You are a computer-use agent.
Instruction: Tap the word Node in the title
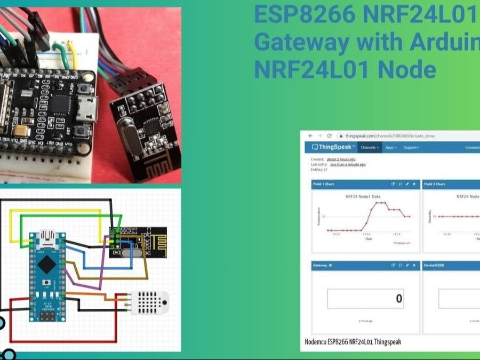tap(409, 70)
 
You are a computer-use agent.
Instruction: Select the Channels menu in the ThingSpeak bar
tap(370, 147)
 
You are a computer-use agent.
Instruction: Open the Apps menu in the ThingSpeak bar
tap(391, 147)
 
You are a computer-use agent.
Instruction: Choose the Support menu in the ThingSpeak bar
tap(411, 147)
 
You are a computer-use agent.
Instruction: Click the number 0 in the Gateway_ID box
tap(399, 299)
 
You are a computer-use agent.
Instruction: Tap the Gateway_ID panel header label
tap(324, 265)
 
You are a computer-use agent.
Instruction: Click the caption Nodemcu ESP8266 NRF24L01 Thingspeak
tap(351, 342)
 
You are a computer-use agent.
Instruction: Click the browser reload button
tap(330, 136)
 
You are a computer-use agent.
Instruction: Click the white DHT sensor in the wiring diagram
tap(150, 301)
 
